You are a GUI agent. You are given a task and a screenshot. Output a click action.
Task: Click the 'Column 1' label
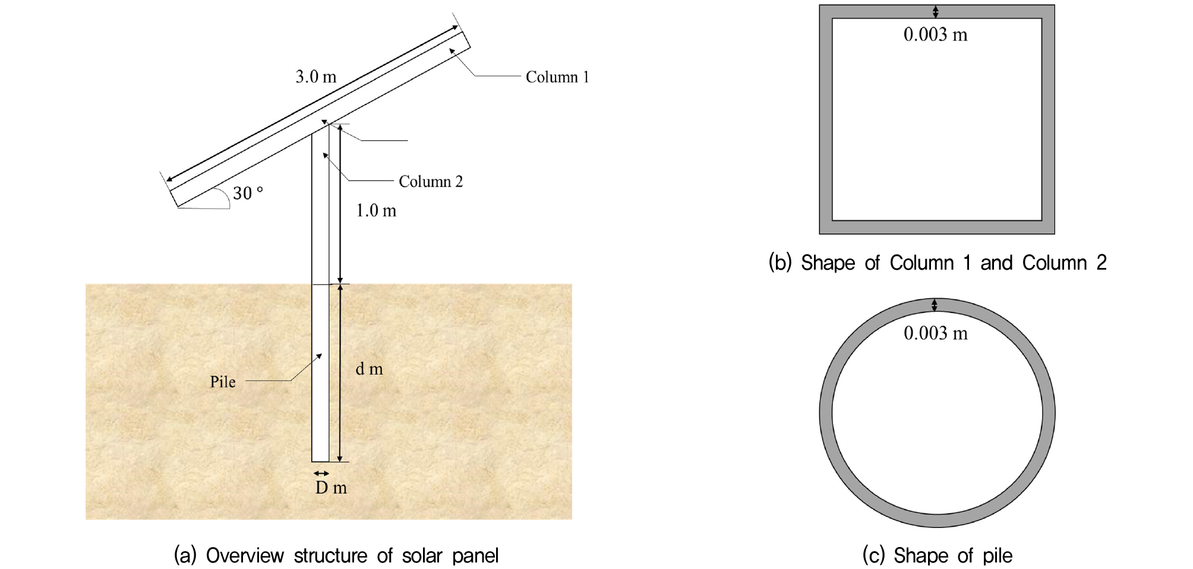(557, 77)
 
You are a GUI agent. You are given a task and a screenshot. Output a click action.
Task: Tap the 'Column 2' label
(430, 182)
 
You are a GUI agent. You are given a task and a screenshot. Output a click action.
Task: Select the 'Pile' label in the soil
(223, 382)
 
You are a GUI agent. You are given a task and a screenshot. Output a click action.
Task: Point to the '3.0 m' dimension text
(316, 77)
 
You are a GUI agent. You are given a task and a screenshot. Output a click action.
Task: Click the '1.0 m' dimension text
(376, 211)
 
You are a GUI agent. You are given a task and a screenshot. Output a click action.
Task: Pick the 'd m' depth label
(369, 369)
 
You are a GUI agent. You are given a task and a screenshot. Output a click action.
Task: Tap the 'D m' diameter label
(331, 488)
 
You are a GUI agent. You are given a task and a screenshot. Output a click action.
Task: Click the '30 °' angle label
(248, 192)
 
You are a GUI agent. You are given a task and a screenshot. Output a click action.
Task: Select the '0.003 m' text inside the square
(935, 34)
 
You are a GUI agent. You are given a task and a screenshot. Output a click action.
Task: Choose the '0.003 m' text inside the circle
(935, 333)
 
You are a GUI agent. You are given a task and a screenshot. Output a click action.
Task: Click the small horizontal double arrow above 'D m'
(321, 473)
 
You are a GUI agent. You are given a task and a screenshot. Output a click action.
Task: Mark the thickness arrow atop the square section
(935, 12)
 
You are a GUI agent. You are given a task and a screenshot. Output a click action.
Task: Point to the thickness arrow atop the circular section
(935, 305)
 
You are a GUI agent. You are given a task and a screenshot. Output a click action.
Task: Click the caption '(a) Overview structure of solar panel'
(336, 555)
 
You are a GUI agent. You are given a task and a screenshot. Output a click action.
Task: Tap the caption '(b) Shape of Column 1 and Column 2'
(938, 263)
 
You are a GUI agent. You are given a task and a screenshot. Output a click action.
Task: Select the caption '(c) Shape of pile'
(937, 555)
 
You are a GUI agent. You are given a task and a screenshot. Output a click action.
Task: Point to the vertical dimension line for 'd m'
(340, 373)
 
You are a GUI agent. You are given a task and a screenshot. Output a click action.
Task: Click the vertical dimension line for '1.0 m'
(340, 204)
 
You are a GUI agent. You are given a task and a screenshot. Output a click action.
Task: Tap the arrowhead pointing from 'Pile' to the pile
(319, 356)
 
